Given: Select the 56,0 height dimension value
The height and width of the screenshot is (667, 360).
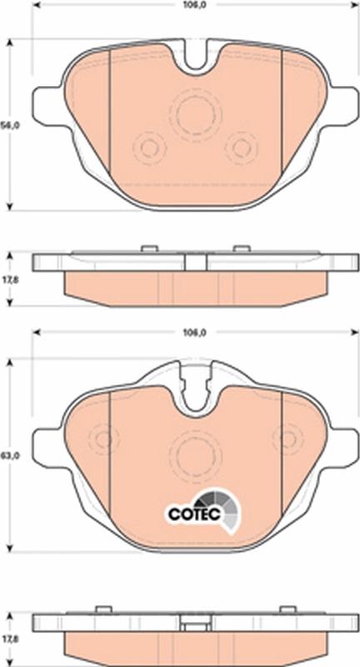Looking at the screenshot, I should coord(8,124).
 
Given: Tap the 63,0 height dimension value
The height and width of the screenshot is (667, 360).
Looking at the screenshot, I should coord(8,456).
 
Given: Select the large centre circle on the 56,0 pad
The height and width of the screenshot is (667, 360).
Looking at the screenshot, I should coord(193,115).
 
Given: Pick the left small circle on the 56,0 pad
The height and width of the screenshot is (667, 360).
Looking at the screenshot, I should coord(150,148).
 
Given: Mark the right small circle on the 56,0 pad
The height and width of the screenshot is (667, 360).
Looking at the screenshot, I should coord(242,148).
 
